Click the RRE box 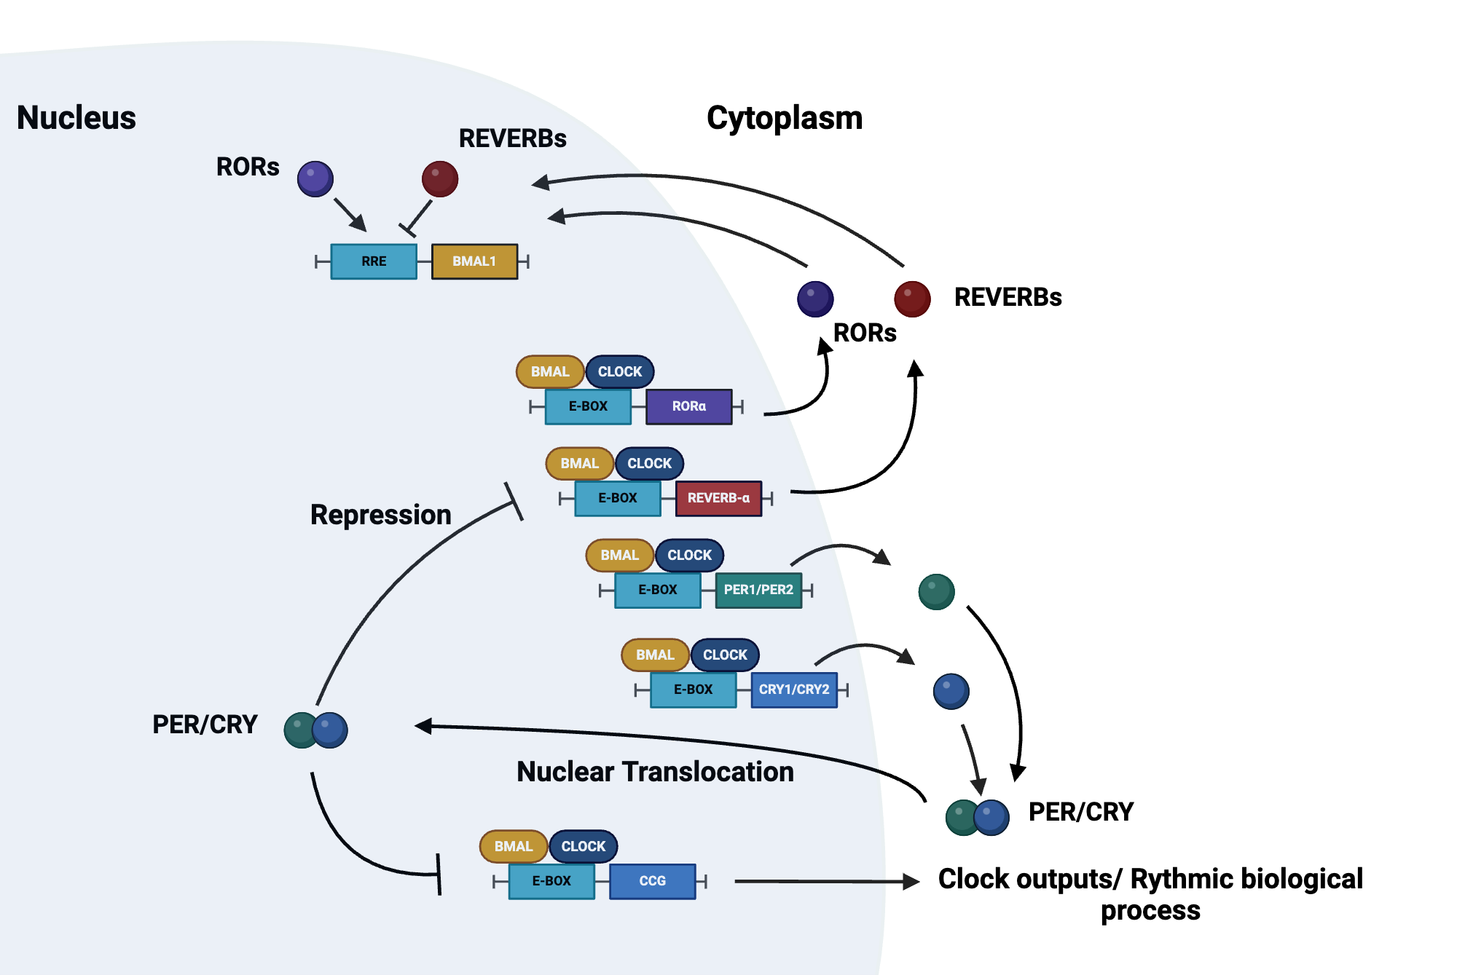(x=374, y=261)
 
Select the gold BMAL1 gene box (x=474, y=261)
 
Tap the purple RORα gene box (x=688, y=406)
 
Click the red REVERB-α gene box (x=718, y=498)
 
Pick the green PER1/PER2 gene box (x=758, y=590)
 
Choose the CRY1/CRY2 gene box (x=793, y=690)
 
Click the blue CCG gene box (x=652, y=881)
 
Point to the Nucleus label (x=76, y=118)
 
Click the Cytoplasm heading (x=785, y=118)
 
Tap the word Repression (x=380, y=515)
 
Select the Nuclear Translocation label (x=655, y=772)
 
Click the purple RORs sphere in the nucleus (x=315, y=179)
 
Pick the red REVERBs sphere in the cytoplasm (x=912, y=299)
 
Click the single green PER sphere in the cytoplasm (x=936, y=591)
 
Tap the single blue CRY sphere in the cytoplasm (x=951, y=691)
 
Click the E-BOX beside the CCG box (x=551, y=881)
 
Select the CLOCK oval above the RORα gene (x=620, y=371)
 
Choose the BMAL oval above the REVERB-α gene (x=579, y=464)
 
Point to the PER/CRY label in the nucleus (x=205, y=725)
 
